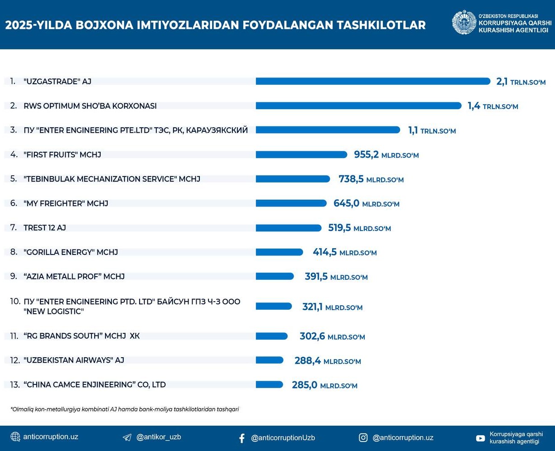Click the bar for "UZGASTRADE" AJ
click(373, 82)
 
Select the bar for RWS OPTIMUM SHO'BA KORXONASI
click(358, 106)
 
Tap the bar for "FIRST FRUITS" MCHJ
click(301, 155)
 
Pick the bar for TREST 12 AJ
click(289, 228)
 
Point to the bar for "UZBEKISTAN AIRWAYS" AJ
click(270, 360)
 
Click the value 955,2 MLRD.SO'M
click(386, 155)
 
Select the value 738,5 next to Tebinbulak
click(351, 179)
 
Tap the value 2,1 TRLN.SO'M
click(521, 82)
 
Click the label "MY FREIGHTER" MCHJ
click(66, 203)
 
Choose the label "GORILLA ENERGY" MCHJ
click(71, 252)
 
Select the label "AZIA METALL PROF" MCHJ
click(74, 276)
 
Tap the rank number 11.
click(14, 336)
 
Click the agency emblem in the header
click(464, 23)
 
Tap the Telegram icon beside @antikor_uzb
click(127, 437)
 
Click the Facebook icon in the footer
click(242, 438)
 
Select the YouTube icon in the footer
click(480, 438)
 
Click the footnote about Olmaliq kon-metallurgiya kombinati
click(125, 409)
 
